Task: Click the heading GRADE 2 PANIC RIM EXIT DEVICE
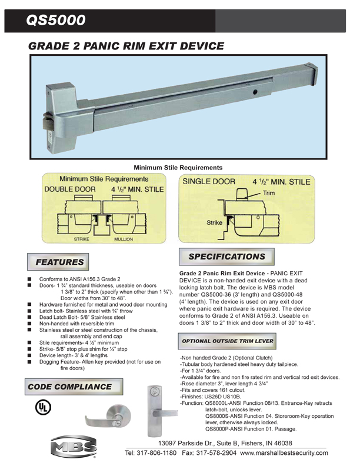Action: [126, 46]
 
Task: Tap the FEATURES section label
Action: [60, 261]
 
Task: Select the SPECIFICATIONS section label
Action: [227, 257]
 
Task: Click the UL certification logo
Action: [42, 407]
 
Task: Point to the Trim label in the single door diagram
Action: [269, 193]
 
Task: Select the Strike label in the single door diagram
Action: [214, 223]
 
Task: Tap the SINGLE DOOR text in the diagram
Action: [209, 182]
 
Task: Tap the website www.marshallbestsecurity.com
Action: [284, 453]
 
